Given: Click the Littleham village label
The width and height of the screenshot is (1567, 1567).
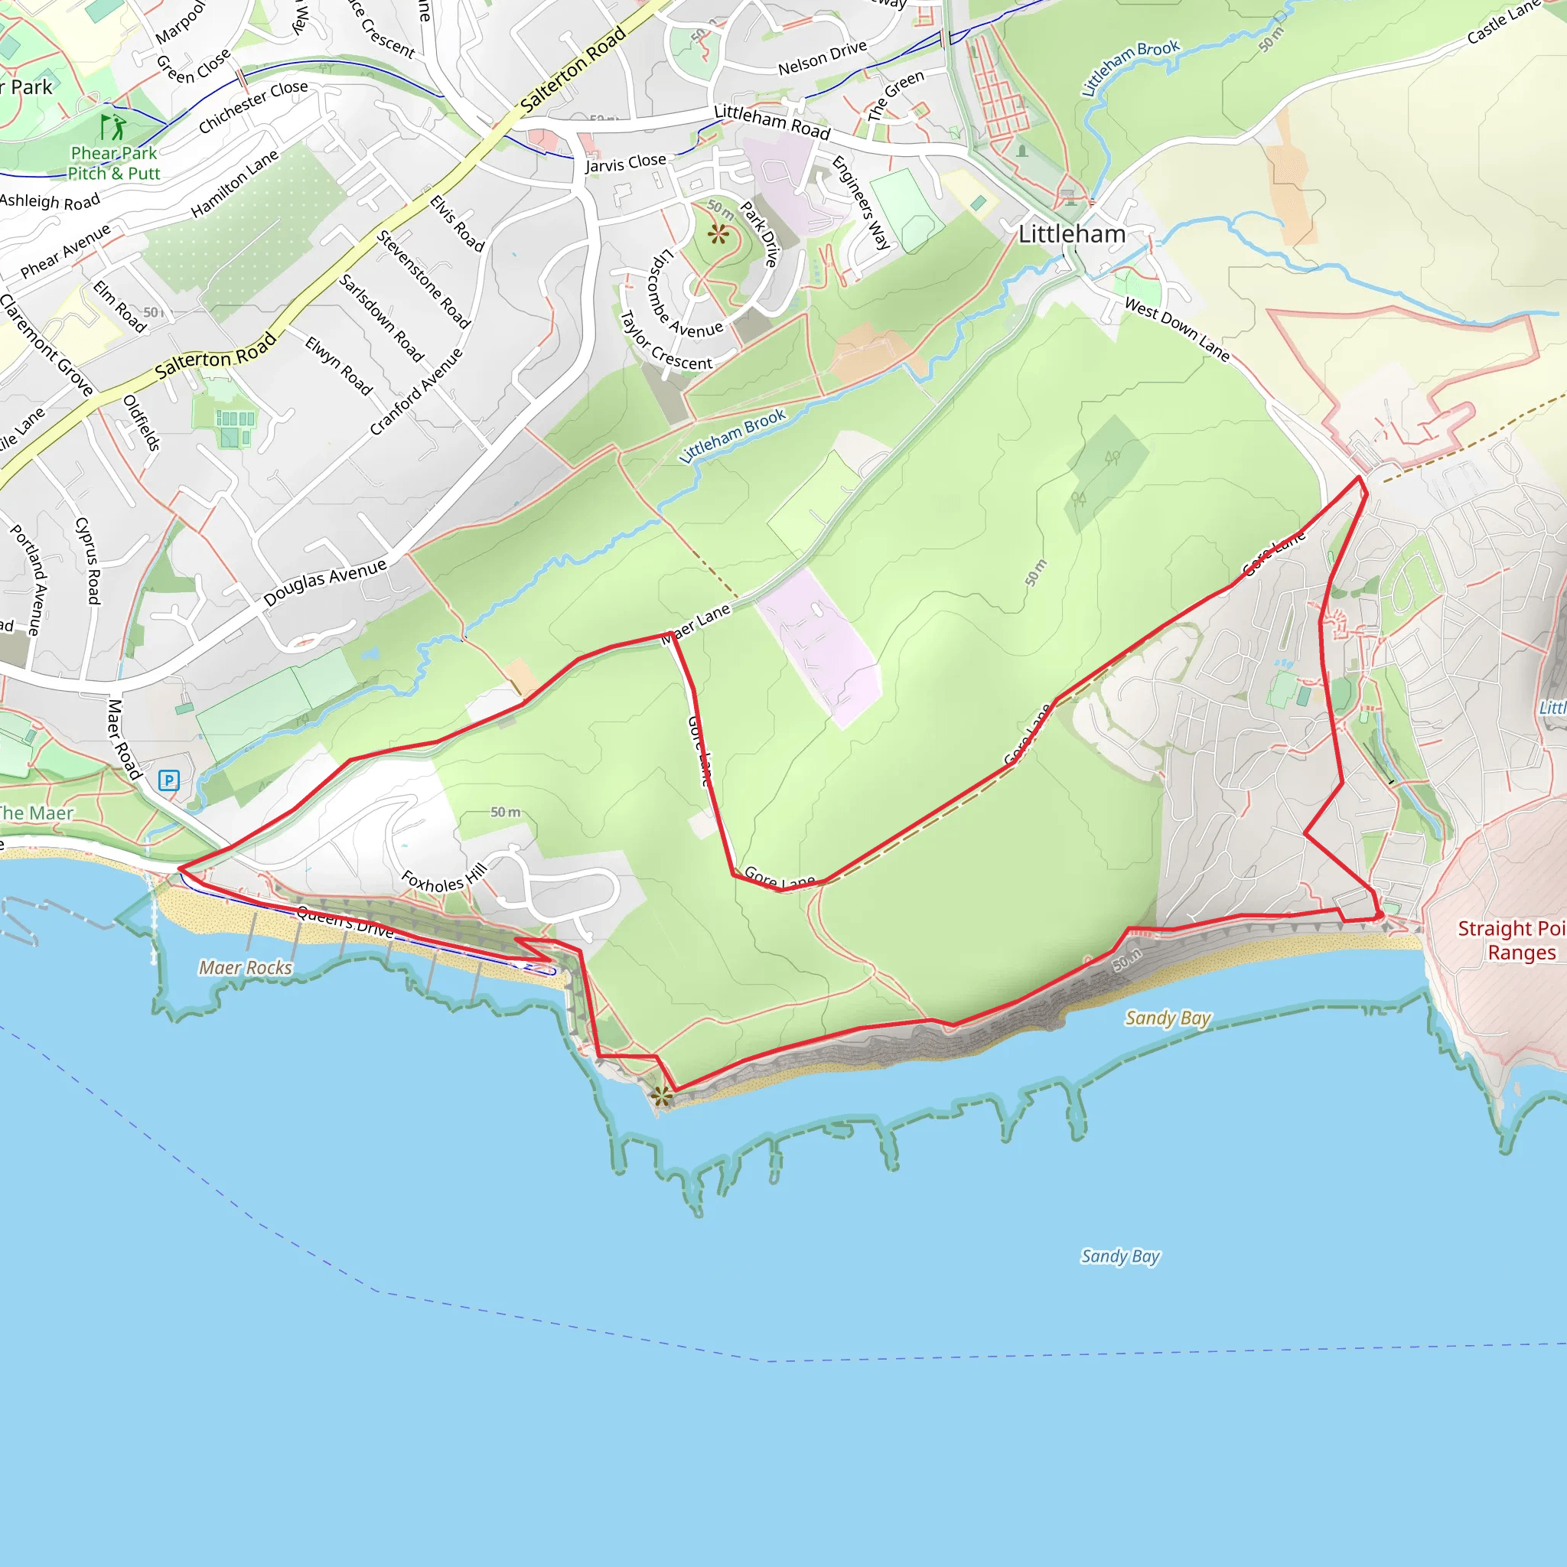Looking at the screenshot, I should pyautogui.click(x=1071, y=234).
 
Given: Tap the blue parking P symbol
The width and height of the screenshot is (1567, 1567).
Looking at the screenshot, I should pyautogui.click(x=168, y=780).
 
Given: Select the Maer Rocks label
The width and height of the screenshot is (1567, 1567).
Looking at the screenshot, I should pyautogui.click(x=245, y=968).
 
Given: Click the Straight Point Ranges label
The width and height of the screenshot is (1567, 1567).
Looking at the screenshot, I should pyautogui.click(x=1510, y=940).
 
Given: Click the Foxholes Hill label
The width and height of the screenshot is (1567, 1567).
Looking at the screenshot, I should pyautogui.click(x=445, y=878).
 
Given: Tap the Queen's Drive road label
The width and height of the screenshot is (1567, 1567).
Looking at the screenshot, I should pyautogui.click(x=345, y=921).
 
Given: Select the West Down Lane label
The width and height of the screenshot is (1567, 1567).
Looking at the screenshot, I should pyautogui.click(x=1177, y=329).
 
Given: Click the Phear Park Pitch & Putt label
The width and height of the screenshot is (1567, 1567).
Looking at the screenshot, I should pyautogui.click(x=113, y=163).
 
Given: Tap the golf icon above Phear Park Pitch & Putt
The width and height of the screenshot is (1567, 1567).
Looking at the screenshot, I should pyautogui.click(x=112, y=127).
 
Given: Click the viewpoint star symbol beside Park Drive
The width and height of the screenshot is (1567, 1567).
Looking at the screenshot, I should pyautogui.click(x=718, y=234).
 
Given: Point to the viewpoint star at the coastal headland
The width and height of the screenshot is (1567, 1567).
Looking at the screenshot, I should pyautogui.click(x=662, y=1096).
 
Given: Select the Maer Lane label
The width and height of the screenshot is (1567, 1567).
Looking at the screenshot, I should pyautogui.click(x=696, y=624).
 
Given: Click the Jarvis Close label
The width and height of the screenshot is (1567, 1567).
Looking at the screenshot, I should pyautogui.click(x=625, y=163).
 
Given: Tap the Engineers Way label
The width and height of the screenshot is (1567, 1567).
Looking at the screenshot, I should pyautogui.click(x=862, y=202).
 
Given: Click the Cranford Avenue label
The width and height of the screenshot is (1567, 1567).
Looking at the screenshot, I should pyautogui.click(x=416, y=392).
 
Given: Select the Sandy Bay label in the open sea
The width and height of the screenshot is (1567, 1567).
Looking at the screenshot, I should pyautogui.click(x=1120, y=1256).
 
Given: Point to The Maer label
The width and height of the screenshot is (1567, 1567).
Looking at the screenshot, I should pyautogui.click(x=37, y=813).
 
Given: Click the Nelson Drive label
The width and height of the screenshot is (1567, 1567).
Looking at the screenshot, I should pyautogui.click(x=823, y=57).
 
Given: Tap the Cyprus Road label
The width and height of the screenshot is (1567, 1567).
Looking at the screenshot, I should pyautogui.click(x=87, y=560).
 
